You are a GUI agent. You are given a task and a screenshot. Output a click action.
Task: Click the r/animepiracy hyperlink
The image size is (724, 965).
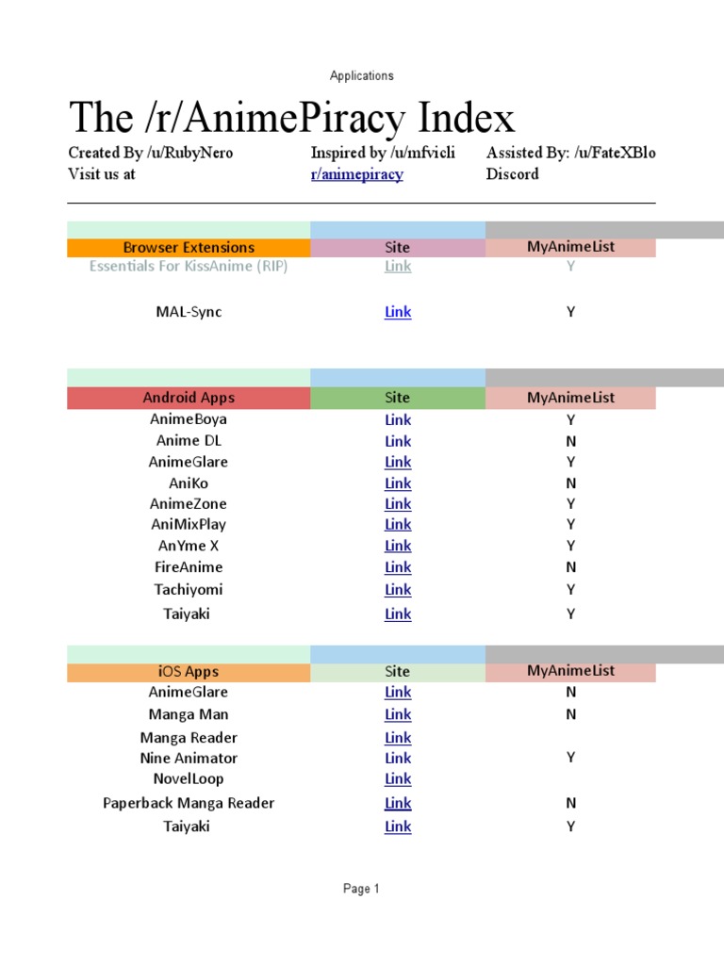tap(356, 174)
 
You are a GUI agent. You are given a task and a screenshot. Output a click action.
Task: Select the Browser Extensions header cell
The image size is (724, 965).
tap(189, 248)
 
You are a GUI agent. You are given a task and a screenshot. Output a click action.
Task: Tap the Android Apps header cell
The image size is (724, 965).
tap(189, 398)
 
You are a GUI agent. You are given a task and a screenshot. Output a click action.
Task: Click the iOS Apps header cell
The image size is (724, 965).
tap(189, 672)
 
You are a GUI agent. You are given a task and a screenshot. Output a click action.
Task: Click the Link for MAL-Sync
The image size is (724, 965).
tap(398, 312)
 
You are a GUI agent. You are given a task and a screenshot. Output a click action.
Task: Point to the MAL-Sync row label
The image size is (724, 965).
tap(189, 312)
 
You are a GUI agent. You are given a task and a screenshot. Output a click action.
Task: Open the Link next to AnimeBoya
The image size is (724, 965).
tap(398, 420)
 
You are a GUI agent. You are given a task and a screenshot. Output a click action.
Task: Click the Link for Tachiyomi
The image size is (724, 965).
tap(398, 590)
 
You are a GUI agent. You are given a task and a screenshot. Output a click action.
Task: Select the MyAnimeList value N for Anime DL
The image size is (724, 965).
tap(570, 441)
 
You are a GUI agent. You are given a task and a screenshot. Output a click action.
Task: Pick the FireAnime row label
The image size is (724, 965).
tap(189, 567)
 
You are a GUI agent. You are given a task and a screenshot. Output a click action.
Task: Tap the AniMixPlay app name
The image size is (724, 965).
tap(189, 525)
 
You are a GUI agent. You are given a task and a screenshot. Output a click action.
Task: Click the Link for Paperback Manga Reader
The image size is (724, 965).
tap(398, 804)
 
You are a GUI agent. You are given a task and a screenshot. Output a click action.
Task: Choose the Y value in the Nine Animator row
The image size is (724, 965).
tap(570, 758)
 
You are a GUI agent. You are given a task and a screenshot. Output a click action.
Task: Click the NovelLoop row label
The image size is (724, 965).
tap(189, 779)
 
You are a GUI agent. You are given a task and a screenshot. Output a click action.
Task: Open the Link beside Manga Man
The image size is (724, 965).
tap(398, 715)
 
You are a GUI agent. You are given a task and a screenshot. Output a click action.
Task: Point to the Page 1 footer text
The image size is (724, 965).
tap(362, 889)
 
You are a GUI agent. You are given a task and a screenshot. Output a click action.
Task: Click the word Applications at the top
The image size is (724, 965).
tap(362, 75)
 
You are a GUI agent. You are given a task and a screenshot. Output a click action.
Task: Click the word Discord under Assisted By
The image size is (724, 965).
tap(513, 174)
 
